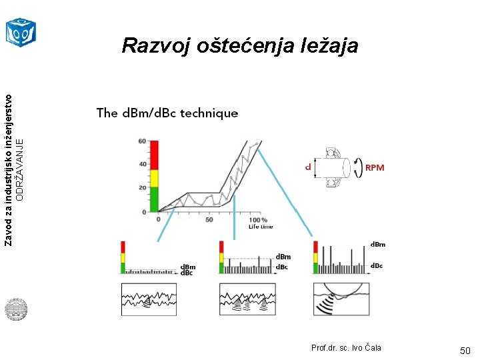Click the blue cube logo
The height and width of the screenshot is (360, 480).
[x=20, y=31]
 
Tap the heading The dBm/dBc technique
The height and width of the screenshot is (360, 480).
[x=167, y=113]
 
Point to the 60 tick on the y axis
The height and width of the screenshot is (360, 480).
[x=143, y=141]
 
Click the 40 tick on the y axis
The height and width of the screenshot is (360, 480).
[x=143, y=164]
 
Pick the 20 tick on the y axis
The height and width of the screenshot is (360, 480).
[x=143, y=187]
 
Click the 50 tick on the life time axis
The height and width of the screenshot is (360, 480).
[x=209, y=219]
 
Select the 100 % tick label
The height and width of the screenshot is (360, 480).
[x=258, y=219]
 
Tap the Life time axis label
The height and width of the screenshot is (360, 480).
[x=261, y=227]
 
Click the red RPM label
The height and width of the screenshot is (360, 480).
[x=375, y=168]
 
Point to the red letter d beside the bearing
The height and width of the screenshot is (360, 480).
[x=307, y=165]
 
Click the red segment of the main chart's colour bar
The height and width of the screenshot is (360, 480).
[x=153, y=155]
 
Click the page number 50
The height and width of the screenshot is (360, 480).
[x=465, y=351]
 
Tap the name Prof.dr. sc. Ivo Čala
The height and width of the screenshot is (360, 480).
[x=346, y=348]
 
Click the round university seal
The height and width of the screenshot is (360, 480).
[x=15, y=309]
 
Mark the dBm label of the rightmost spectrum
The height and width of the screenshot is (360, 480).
[x=377, y=245]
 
